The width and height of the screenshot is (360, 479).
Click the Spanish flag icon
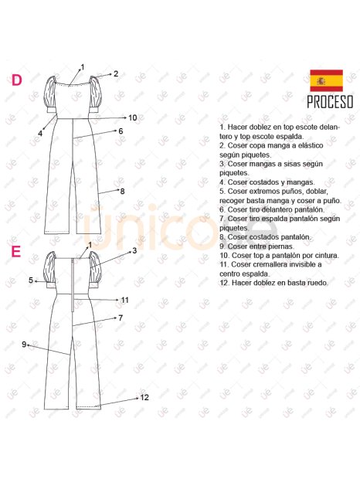point(326,80)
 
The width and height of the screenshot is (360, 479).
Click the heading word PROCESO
point(330,102)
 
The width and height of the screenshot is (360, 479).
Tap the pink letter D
point(17,80)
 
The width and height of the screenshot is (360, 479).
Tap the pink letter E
point(16,252)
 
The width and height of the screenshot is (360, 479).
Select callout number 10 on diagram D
point(133,117)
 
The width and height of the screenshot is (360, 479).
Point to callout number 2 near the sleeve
point(116,73)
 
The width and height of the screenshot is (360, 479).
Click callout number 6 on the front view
point(121,131)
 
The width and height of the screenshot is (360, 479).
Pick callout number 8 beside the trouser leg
point(122,192)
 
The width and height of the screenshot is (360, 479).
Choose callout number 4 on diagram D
point(40,134)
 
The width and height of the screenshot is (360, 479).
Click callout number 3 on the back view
point(134,251)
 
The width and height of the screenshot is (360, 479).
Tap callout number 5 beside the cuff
point(31,280)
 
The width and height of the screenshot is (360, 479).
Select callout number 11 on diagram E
point(124,300)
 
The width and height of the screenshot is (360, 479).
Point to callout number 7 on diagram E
point(121,318)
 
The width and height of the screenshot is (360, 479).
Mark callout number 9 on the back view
point(24,345)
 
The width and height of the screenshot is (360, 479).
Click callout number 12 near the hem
point(144,397)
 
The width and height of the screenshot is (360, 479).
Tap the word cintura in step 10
point(327,255)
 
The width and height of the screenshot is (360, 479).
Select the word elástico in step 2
point(310,145)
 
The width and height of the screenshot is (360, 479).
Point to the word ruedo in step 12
point(318,283)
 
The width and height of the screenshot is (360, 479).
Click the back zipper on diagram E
point(73,285)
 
